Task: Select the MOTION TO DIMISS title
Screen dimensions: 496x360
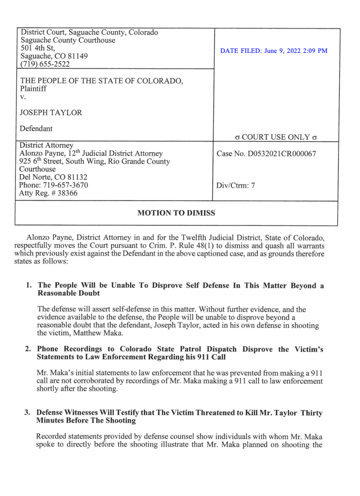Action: [x=176, y=214]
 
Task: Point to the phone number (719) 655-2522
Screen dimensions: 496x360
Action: [x=45, y=64]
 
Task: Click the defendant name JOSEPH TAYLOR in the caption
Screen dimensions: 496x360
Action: [x=50, y=113]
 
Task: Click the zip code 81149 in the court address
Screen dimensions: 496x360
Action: [x=77, y=56]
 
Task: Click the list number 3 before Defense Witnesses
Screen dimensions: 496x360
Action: [x=28, y=413]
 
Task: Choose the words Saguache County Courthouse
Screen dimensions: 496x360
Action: [x=69, y=40]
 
